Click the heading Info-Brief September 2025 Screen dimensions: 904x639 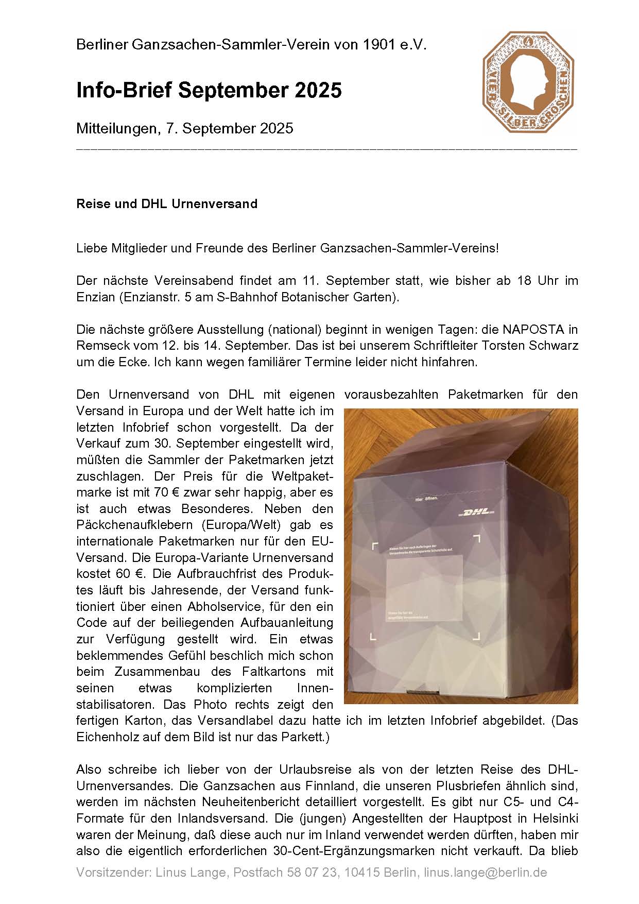(x=209, y=91)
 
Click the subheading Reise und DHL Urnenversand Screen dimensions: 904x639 (x=167, y=203)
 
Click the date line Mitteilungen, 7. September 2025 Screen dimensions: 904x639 (x=184, y=128)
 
